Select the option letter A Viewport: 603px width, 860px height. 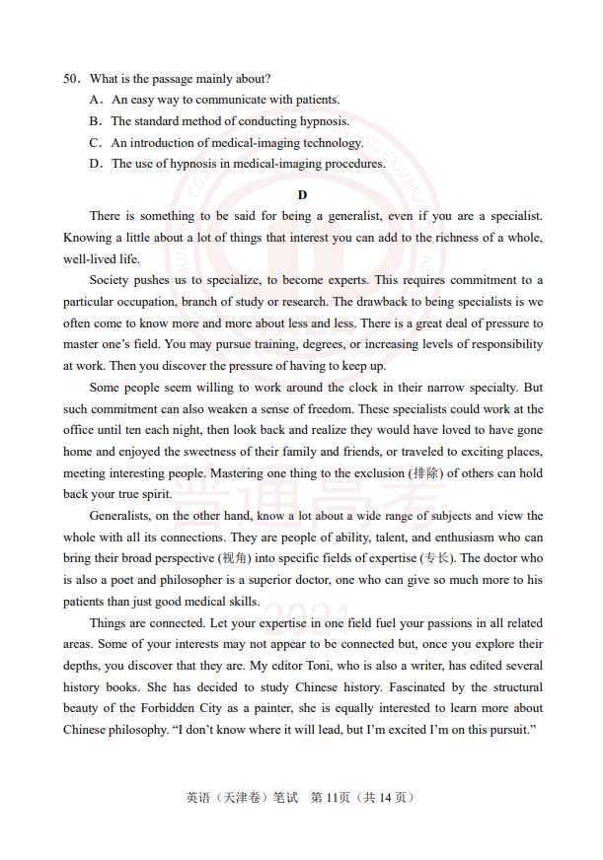pos(95,100)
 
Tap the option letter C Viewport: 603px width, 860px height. pos(95,142)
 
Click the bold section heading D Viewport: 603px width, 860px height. pos(302,194)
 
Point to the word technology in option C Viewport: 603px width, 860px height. pos(332,142)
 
